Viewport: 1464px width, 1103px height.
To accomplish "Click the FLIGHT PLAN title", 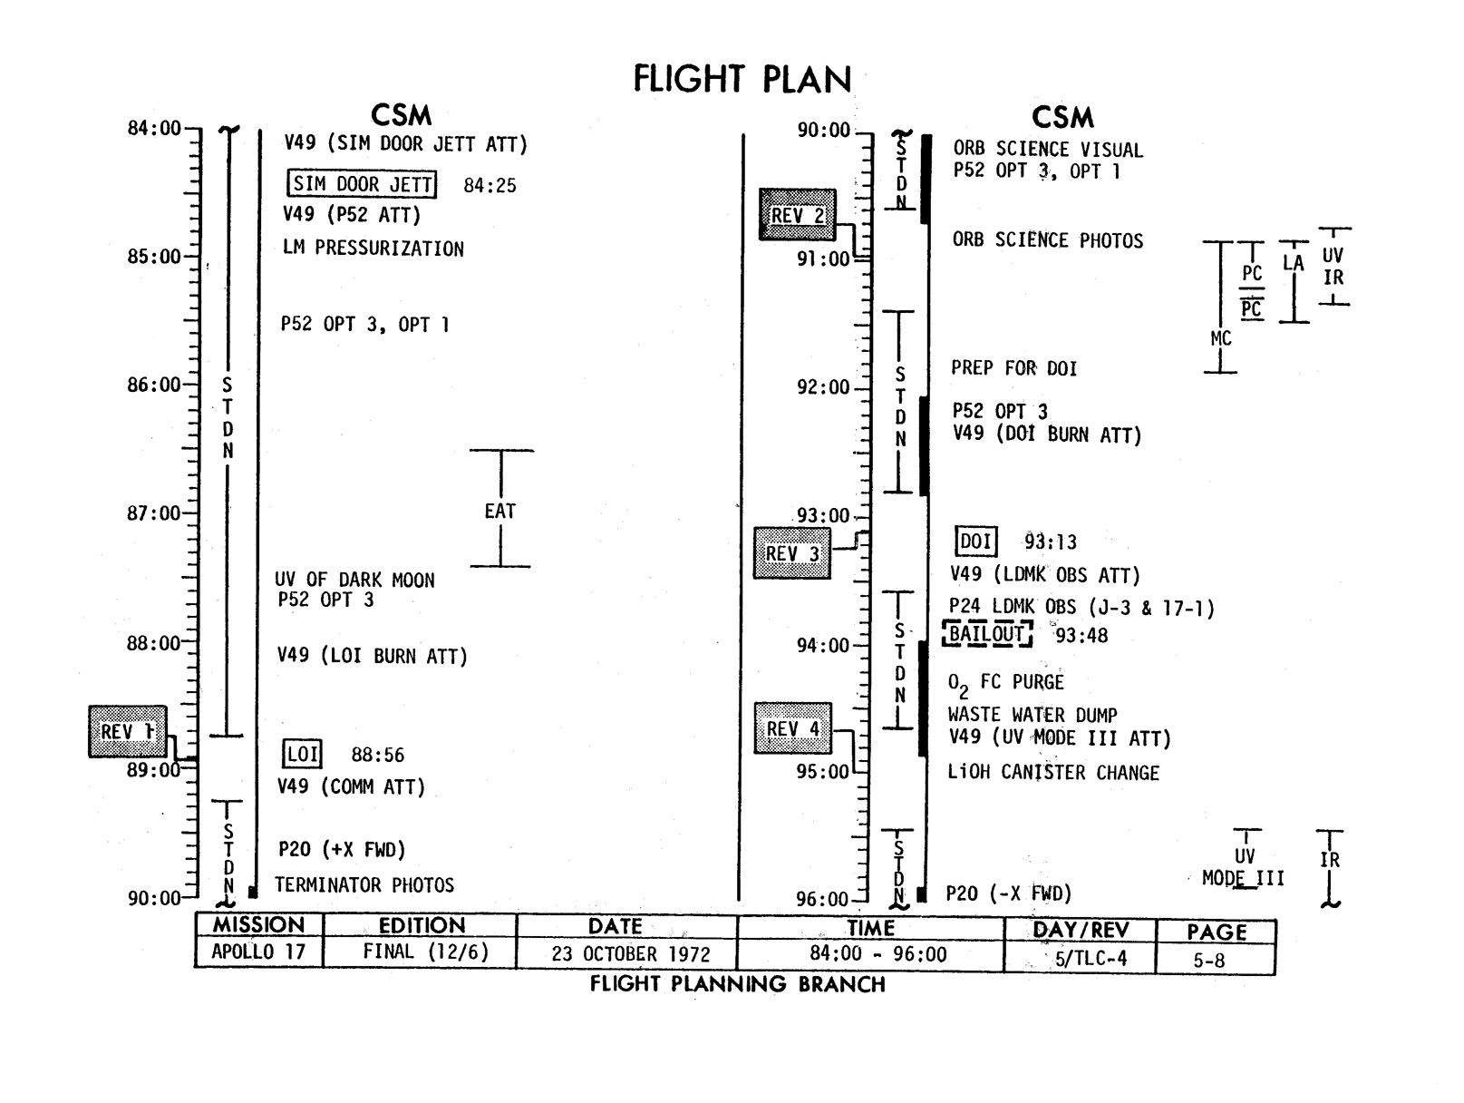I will point(742,79).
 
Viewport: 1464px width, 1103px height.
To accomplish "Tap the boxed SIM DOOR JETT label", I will point(362,184).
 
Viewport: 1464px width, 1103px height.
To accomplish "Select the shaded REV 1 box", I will point(128,731).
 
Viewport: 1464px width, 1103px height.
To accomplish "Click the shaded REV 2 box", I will point(797,215).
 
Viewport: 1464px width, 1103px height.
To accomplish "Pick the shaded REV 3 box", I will point(791,553).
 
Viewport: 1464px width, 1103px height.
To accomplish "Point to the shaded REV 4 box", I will point(792,728).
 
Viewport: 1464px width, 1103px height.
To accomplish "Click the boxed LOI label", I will point(302,755).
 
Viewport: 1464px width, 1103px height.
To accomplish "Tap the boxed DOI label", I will point(976,542).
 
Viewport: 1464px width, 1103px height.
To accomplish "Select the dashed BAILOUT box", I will point(986,634).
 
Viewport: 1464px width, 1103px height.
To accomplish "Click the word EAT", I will point(500,512).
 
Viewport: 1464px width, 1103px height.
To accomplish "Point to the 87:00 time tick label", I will point(154,513).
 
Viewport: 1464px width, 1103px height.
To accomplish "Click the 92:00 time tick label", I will point(823,388).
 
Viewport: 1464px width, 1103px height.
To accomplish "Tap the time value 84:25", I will point(490,186).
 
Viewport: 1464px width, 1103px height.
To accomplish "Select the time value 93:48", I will point(1081,636).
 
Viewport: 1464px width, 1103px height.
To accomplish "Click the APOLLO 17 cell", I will point(258,952).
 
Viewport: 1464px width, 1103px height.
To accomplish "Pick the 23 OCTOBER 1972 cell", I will point(631,954).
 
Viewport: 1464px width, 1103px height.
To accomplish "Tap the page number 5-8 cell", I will point(1208,960).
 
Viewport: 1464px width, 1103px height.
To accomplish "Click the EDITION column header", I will point(422,926).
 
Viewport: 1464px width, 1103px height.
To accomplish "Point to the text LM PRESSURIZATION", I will point(373,249).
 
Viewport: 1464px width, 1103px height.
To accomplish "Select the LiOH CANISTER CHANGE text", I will point(1053,773).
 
